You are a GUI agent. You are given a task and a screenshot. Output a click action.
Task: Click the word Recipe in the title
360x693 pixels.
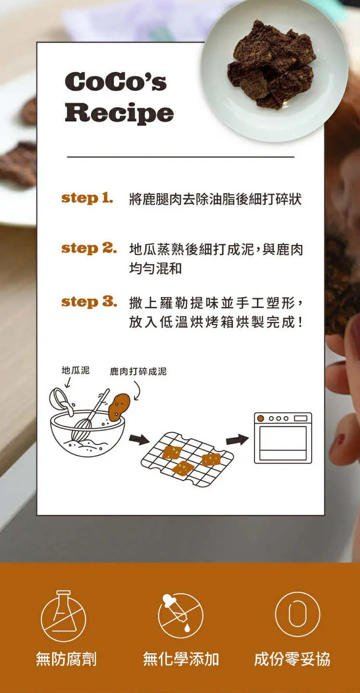click(119, 113)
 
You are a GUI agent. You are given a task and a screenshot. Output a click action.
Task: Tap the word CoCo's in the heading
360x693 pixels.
click(116, 81)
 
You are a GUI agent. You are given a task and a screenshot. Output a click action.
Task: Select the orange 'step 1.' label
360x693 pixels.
click(87, 198)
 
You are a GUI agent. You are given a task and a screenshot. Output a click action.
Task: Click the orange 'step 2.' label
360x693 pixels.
click(89, 248)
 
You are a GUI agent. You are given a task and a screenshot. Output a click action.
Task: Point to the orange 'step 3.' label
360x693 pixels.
click(89, 302)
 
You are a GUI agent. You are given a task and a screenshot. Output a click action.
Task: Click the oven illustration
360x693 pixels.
click(283, 438)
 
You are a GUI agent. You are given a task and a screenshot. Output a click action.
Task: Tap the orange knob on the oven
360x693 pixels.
click(261, 418)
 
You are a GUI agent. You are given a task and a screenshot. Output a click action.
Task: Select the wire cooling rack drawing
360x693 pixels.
click(187, 459)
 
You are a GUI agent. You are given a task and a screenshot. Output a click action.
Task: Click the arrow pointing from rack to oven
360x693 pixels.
click(237, 439)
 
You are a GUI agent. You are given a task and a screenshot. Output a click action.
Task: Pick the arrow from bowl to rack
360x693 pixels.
click(139, 439)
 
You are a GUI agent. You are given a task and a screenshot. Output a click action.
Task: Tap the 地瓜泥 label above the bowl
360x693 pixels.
click(75, 370)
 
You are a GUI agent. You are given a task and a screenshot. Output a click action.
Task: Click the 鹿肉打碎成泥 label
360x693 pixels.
click(138, 371)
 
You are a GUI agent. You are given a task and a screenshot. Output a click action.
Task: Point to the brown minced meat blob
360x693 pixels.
click(119, 407)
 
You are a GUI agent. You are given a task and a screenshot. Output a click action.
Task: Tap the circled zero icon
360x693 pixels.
click(297, 614)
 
